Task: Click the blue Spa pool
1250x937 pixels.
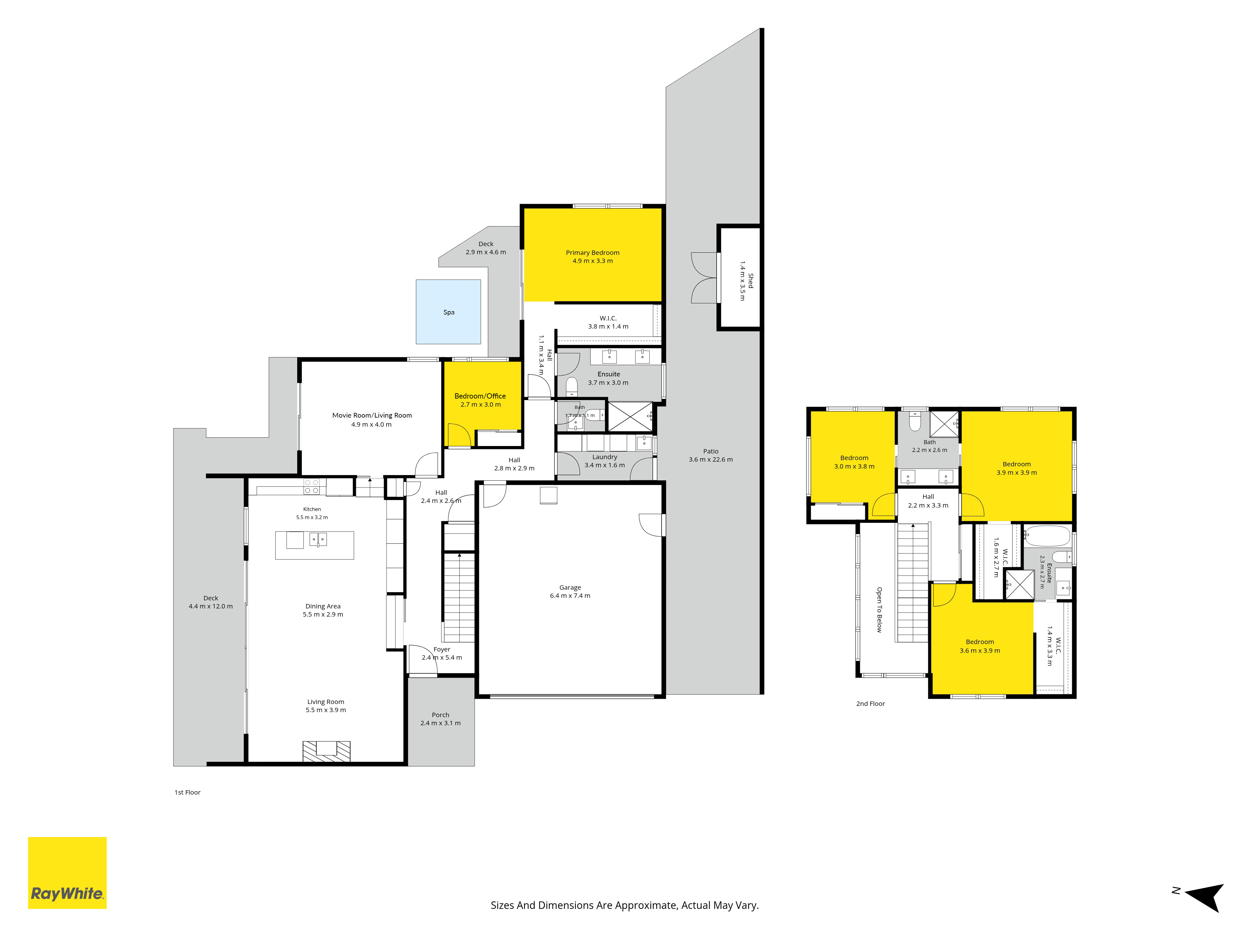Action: [x=448, y=312]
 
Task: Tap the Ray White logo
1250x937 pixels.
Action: [x=67, y=873]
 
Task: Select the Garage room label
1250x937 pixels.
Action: [x=570, y=587]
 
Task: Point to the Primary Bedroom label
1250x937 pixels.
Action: [x=593, y=252]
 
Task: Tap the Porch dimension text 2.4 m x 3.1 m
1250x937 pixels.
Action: [x=440, y=723]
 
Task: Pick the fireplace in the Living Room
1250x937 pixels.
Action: [x=327, y=751]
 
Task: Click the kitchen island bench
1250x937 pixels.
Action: [x=315, y=545]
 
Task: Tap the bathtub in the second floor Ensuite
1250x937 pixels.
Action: [x=1047, y=535]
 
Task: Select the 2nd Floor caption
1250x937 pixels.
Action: [x=870, y=704]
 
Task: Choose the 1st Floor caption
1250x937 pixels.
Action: [x=187, y=792]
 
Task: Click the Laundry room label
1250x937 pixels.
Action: [x=605, y=457]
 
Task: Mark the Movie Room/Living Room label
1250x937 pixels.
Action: [x=372, y=415]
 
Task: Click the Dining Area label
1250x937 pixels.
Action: [x=323, y=606]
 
